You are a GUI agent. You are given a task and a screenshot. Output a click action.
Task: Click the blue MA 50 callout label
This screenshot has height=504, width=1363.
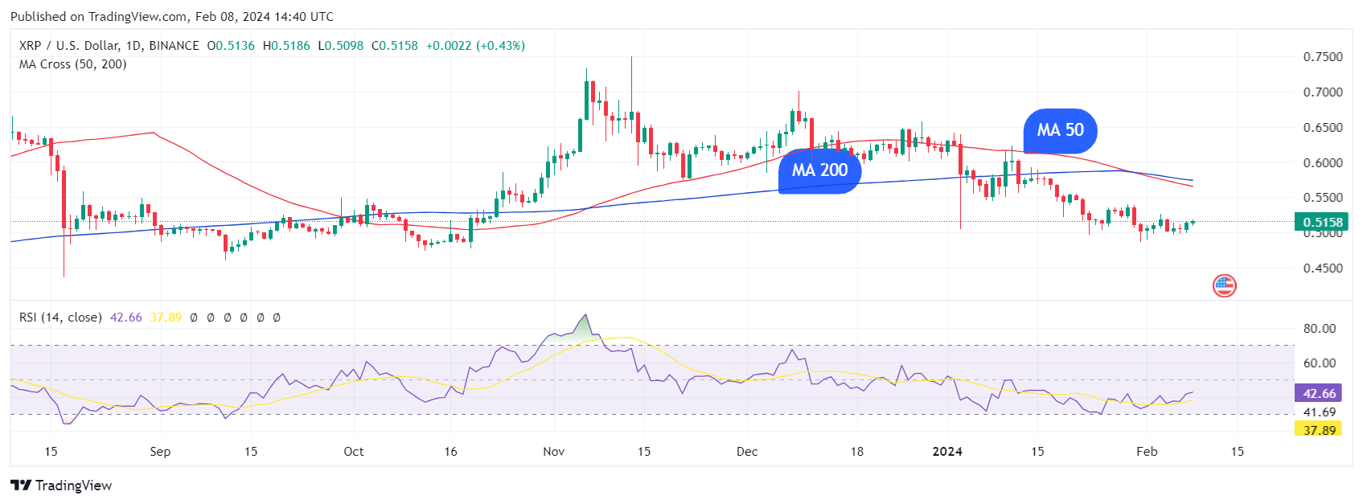coord(1060,130)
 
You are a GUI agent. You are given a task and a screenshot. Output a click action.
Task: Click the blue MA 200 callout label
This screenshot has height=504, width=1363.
coord(819,170)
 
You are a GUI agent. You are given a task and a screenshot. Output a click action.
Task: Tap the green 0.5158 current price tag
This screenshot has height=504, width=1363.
coord(1322,222)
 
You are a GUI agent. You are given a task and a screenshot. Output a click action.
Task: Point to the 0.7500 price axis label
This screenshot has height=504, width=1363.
coord(1323,57)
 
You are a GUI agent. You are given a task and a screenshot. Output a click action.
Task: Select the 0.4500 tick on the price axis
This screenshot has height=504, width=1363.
coord(1323,268)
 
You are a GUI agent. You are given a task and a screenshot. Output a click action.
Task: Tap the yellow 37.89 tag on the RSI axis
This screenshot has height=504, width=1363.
coord(1319,430)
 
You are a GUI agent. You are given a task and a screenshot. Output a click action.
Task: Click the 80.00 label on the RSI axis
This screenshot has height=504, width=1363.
coord(1319,328)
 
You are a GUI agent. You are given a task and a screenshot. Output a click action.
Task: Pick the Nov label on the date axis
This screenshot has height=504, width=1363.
coord(553,452)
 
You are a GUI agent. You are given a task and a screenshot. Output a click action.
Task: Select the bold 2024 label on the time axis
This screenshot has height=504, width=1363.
coord(947,452)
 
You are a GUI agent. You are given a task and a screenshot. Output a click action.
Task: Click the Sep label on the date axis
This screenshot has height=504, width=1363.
coord(160,452)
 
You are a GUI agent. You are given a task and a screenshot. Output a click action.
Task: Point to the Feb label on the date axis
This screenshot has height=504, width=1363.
coord(1147,452)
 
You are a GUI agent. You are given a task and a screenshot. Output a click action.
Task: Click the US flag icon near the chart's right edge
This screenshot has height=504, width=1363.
coord(1224,285)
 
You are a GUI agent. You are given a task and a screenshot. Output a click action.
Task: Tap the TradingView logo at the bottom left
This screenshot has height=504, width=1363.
coord(61,486)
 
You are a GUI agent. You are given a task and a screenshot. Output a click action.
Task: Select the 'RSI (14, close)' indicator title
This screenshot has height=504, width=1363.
coord(60,318)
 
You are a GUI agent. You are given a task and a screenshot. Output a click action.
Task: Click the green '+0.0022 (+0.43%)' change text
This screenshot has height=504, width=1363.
coord(475,46)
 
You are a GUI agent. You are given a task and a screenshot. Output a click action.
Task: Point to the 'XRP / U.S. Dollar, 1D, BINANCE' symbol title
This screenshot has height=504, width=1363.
coord(109,46)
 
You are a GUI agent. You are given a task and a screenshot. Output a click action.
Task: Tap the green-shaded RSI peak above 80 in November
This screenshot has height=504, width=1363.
coord(582,326)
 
